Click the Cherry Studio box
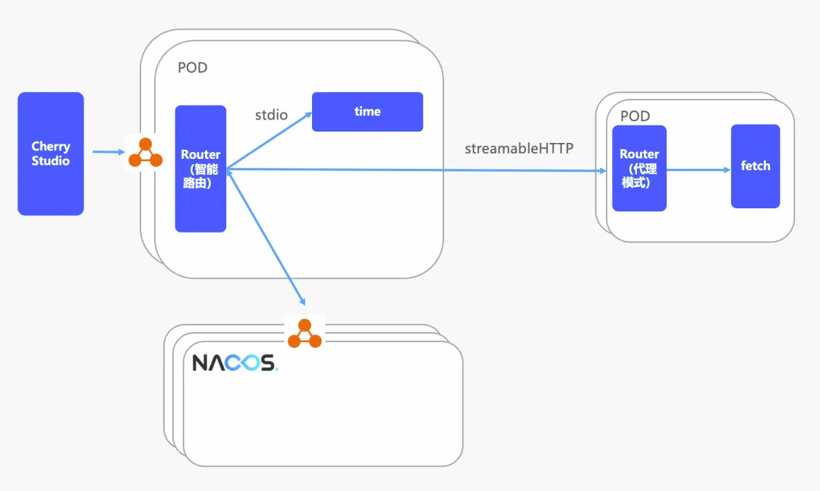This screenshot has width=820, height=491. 50,154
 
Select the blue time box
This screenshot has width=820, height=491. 367,112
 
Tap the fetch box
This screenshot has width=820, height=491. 755,166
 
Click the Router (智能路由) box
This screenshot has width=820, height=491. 200,169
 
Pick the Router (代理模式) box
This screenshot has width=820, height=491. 639,169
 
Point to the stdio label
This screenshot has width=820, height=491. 271,115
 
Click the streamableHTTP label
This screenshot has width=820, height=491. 519,148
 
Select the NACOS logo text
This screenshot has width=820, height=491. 234,363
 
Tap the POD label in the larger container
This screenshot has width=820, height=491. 192,68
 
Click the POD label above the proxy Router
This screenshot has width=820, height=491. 635,116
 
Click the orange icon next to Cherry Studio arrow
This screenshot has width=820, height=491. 145,153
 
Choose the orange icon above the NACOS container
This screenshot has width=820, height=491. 304,334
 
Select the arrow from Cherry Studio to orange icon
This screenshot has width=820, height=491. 108,152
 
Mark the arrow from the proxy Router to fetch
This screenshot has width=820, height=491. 698,170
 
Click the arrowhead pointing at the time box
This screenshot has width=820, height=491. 307,115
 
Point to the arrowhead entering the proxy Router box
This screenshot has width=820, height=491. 607,171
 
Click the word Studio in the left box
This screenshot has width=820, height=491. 50,161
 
